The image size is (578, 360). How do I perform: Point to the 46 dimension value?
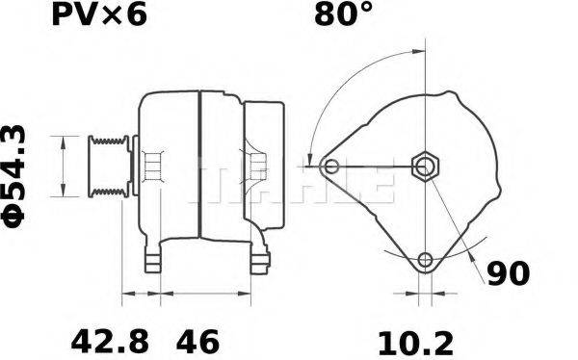pyautogui.click(x=197, y=342)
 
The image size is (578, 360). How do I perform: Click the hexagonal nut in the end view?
pyautogui.click(x=425, y=166)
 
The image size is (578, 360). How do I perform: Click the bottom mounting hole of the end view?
pyautogui.click(x=426, y=259)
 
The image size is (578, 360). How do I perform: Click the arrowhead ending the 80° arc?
pyautogui.click(x=309, y=159)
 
